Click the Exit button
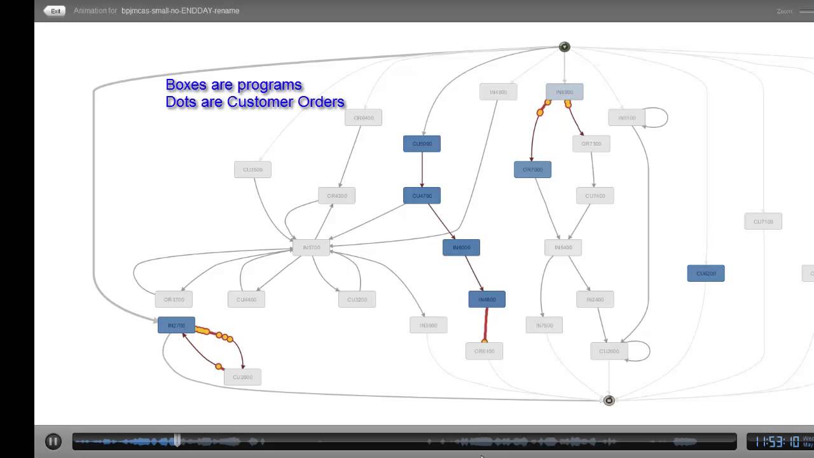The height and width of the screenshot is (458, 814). point(55,11)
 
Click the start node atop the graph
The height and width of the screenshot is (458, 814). point(564,47)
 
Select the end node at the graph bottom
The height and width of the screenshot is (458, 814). point(609,400)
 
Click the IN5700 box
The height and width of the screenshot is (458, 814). point(312,247)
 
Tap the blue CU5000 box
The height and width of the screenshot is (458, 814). point(422,144)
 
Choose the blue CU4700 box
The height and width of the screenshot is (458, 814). point(422,196)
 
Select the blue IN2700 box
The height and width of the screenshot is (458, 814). point(176,326)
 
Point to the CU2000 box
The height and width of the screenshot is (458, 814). point(242,377)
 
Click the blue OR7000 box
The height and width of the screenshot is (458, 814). point(532,170)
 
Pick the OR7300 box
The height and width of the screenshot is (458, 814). point(591,144)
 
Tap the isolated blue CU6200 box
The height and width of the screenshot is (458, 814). point(706,274)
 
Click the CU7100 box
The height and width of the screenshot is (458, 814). point(763,222)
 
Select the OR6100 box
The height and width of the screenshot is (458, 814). point(484,351)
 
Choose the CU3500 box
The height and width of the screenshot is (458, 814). point(252,170)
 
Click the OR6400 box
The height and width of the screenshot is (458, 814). point(363,118)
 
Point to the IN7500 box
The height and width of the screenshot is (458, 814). point(544,326)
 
